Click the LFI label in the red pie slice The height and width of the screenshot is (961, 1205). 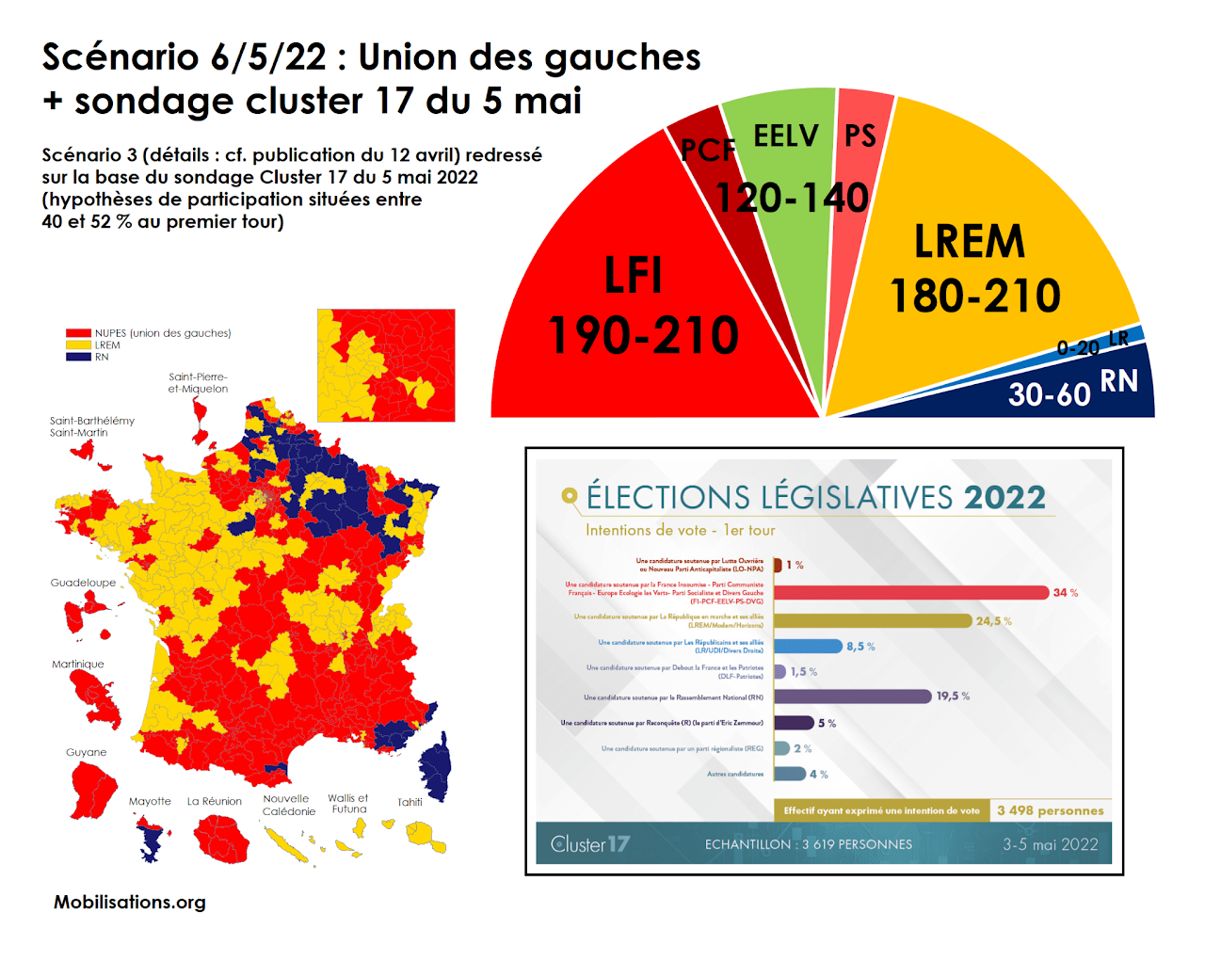(x=633, y=276)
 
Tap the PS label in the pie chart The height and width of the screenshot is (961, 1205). (x=860, y=136)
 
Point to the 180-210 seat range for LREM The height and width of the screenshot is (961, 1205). (x=975, y=296)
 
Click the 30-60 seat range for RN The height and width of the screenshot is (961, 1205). (x=1049, y=393)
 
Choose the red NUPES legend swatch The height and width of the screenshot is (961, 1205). (x=78, y=333)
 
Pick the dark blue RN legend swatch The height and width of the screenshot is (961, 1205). (x=78, y=357)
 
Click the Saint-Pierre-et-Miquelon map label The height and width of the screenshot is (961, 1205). (x=198, y=383)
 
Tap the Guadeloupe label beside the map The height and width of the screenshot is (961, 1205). (x=83, y=583)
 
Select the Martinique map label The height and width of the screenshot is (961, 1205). (x=78, y=665)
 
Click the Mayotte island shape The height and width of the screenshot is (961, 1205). (x=149, y=838)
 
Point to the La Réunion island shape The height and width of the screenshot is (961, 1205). (x=222, y=837)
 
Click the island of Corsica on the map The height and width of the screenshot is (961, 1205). (x=436, y=768)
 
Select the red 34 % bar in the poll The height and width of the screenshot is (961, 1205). (x=910, y=592)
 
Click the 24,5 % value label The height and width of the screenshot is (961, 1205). (x=993, y=621)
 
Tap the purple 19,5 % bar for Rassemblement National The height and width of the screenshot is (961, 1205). (x=852, y=697)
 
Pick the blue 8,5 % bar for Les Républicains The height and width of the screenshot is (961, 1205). (x=808, y=646)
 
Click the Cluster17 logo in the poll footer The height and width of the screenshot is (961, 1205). (x=590, y=844)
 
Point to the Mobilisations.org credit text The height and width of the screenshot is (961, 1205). (x=130, y=902)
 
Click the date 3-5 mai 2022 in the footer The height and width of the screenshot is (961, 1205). (x=1050, y=844)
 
